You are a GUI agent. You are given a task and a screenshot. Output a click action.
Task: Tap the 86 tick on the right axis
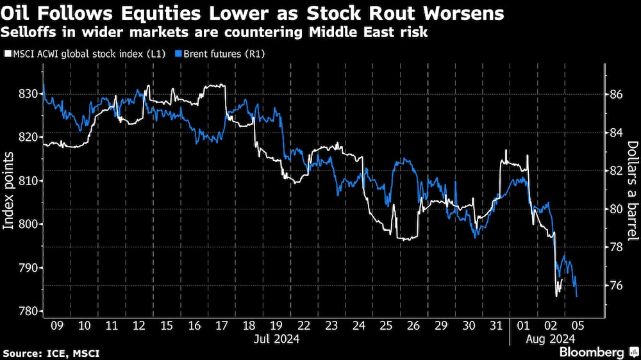coord(615,94)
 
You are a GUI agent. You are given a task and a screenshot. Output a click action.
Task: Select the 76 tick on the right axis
coord(615,285)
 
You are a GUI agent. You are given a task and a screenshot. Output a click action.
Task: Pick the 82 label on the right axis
coord(615,170)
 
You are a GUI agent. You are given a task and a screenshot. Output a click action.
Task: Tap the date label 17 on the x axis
coord(222,325)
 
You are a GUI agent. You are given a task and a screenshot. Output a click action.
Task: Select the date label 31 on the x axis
coord(497,325)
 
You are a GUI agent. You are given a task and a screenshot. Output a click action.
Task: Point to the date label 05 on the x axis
coord(579,325)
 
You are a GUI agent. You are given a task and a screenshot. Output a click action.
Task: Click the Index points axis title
coord(9,191)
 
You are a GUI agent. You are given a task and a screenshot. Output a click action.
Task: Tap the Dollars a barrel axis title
coord(631,190)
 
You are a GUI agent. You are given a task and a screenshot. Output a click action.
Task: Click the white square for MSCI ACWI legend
coord(7,54)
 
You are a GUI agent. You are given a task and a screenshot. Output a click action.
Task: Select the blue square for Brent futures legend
coord(179,54)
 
